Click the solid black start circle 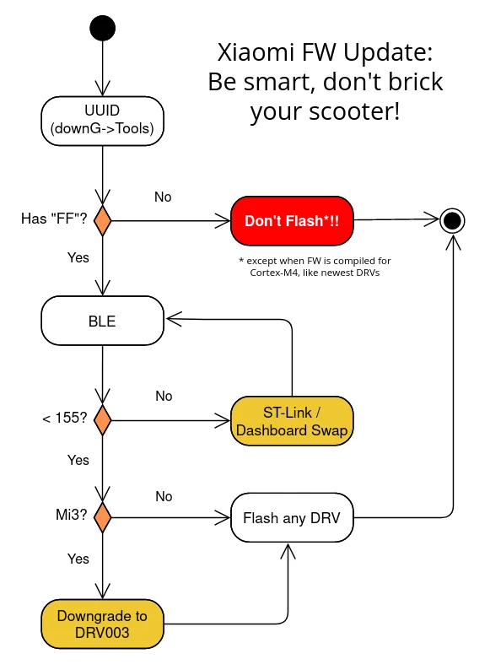click(103, 28)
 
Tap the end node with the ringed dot click(452, 221)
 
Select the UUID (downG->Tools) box click(103, 121)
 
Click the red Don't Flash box click(292, 221)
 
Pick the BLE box click(103, 321)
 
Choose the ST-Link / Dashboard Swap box click(292, 421)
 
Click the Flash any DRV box click(292, 517)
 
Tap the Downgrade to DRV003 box click(103, 624)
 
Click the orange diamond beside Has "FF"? click(103, 220)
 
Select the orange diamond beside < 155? click(103, 420)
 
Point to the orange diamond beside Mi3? click(103, 517)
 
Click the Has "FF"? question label click(54, 219)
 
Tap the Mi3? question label click(72, 515)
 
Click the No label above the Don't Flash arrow click(163, 197)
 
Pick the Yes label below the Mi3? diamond click(78, 559)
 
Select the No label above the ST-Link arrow click(164, 396)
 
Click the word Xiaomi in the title click(256, 52)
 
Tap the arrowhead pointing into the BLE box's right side click(174, 319)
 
